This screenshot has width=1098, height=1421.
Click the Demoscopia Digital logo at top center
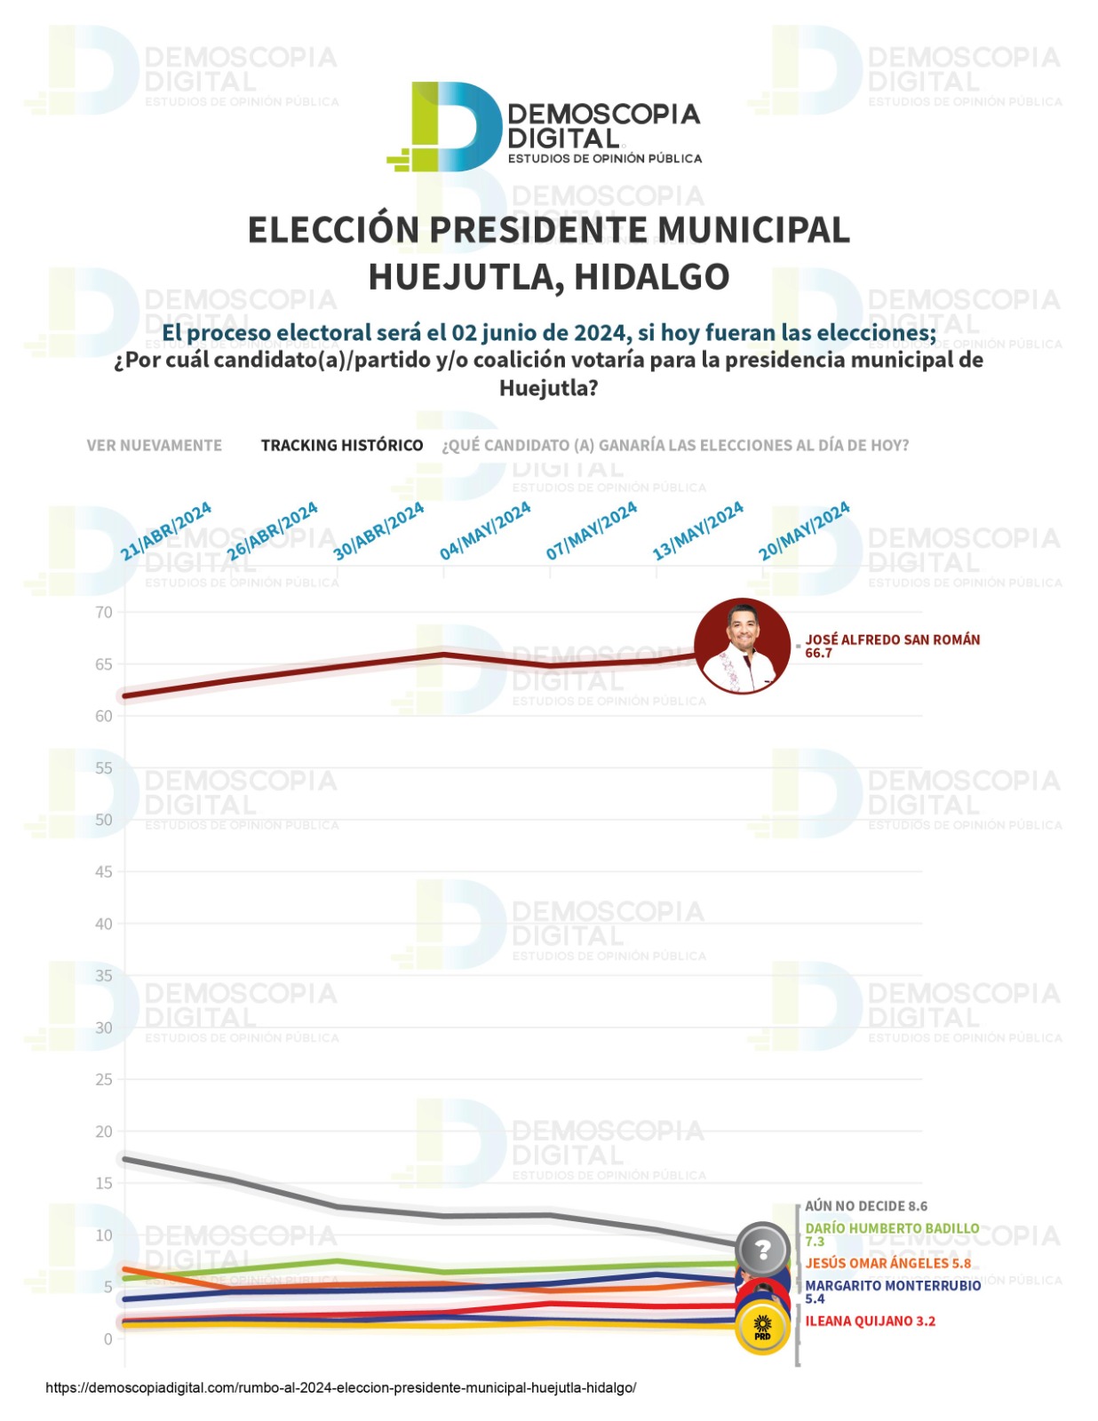point(545,127)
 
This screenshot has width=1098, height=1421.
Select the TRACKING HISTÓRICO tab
point(341,445)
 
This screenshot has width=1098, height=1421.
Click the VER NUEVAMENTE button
point(155,445)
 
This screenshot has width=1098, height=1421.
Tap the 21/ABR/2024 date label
point(166,531)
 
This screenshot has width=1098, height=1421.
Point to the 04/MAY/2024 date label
point(485,531)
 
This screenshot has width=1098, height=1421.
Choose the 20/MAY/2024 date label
point(804,531)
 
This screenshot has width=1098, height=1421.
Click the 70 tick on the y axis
point(104,612)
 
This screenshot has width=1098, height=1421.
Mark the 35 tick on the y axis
point(104,975)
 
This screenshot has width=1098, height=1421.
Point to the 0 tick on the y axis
point(107,1338)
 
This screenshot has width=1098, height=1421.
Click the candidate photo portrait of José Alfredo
point(742,646)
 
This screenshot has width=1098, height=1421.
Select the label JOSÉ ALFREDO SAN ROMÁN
point(892,639)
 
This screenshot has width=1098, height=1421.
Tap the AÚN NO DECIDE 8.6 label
point(865,1206)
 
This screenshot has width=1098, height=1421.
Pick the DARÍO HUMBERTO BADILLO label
point(892,1228)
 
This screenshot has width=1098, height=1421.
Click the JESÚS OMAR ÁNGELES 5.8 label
point(887,1263)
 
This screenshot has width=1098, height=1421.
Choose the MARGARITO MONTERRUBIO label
point(893,1285)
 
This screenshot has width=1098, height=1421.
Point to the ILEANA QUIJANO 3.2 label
point(870,1321)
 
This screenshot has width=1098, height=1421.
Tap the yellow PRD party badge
point(762,1329)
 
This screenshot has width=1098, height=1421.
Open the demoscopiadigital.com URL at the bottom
point(340,1387)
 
